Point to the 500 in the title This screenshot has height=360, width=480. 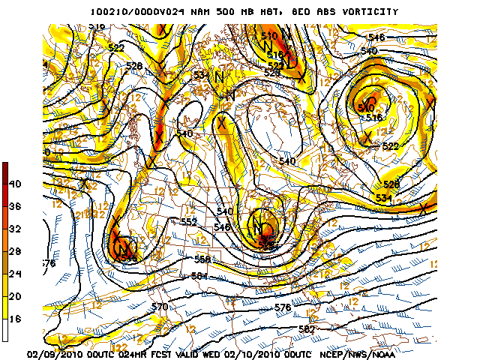tap(214, 12)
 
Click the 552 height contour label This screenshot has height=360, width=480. tap(189, 222)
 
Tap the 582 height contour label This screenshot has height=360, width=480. tap(305, 328)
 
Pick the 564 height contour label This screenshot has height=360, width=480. tap(198, 276)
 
